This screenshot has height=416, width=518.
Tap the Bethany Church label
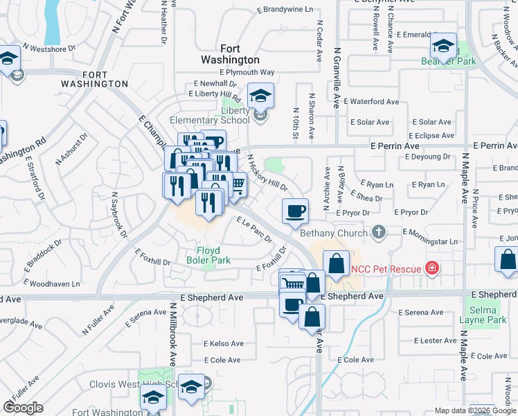point(334,233)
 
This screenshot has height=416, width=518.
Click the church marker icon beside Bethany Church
point(378,232)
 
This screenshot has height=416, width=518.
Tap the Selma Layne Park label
point(488,315)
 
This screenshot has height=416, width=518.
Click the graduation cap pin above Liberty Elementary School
point(260,96)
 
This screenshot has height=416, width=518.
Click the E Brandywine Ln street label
point(285,10)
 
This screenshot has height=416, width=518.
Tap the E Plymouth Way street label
point(247,72)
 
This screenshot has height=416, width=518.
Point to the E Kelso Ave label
point(223,343)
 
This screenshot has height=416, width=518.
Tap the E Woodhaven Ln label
point(52,284)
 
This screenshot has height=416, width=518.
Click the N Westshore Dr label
point(48,49)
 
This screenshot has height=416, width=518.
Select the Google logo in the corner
point(23,408)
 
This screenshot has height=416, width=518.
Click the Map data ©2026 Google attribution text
point(475,410)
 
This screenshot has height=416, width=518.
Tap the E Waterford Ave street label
point(375,101)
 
